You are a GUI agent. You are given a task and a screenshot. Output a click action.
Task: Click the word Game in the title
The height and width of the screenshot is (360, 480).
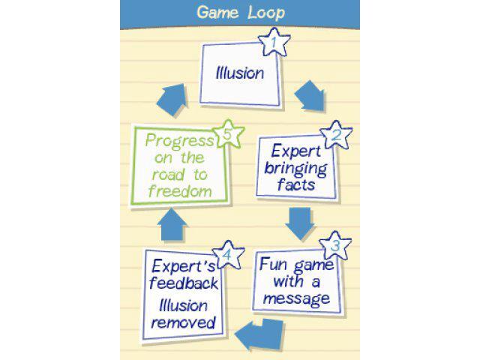click(217, 13)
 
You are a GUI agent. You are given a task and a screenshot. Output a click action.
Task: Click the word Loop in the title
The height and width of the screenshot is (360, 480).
click(267, 13)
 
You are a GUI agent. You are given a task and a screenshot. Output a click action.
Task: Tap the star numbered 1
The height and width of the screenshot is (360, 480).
click(274, 42)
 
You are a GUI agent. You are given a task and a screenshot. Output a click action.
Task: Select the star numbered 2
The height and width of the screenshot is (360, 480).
click(336, 135)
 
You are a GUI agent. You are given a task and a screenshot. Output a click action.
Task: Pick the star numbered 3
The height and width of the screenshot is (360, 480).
click(335, 245)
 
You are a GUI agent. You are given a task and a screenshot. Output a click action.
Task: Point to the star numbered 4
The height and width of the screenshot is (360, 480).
click(228, 255)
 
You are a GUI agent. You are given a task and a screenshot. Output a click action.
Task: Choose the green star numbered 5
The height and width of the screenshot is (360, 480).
click(228, 134)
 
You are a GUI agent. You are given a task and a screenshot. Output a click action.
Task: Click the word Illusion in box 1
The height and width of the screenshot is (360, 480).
click(240, 73)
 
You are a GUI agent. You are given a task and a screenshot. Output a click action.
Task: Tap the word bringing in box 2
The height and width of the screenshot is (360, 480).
click(295, 169)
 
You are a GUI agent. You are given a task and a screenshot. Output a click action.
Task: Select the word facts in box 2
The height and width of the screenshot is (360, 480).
click(296, 184)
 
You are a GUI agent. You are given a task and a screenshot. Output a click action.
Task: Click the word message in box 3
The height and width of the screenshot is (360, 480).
click(297, 298)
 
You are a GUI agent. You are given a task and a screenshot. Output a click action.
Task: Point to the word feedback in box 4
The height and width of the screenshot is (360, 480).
click(184, 283)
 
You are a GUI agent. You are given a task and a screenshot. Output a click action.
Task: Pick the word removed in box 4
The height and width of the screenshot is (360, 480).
click(184, 322)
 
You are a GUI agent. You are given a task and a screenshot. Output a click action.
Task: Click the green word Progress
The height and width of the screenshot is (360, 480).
click(180, 141)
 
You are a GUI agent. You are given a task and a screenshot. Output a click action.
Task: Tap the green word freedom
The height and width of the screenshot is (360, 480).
click(180, 191)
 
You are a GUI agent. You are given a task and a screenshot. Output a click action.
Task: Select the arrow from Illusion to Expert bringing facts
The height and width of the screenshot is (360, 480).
click(310, 96)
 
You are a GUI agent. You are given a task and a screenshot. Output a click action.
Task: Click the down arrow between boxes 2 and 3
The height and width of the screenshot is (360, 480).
click(300, 223)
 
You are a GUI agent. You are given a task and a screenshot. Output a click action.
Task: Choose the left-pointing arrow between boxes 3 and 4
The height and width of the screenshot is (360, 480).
click(259, 334)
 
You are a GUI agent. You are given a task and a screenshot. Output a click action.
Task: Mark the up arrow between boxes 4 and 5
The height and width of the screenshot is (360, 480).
click(172, 225)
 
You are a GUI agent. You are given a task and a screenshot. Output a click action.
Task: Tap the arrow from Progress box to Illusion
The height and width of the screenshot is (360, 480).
click(172, 100)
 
